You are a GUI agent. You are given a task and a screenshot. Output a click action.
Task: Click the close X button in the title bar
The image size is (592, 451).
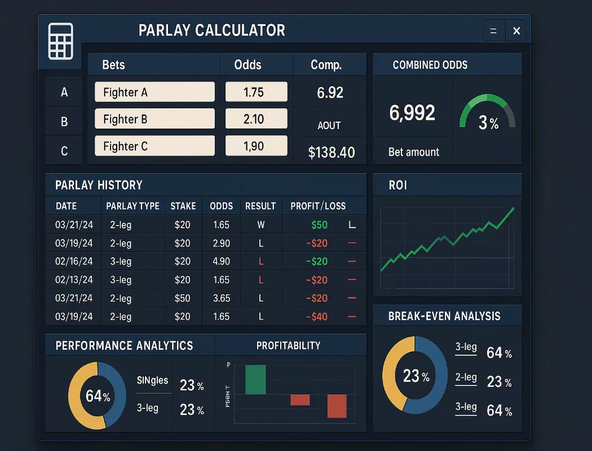coord(516,32)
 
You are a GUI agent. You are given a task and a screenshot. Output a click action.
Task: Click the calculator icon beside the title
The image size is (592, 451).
coord(60,41)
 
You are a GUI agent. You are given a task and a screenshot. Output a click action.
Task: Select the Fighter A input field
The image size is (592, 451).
coord(154,92)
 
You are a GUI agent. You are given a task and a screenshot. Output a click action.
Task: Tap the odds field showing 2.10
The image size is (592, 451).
coord(256,119)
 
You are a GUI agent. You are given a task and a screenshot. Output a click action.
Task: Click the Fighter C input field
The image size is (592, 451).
coord(154,146)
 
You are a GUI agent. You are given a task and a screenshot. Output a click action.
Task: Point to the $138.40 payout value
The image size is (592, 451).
coord(331,152)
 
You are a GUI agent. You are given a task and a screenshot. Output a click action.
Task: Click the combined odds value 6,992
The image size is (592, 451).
coord(412,113)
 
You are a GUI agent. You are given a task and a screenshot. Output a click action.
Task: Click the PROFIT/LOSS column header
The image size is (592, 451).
coord(318,206)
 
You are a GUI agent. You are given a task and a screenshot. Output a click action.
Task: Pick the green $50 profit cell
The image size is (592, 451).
coord(319,224)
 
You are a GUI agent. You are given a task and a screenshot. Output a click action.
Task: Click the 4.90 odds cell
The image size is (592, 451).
coord(221,262)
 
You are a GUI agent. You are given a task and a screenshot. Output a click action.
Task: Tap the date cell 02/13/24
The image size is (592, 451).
coord(74,280)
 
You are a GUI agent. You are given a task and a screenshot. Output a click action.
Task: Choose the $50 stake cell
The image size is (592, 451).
coord(182,298)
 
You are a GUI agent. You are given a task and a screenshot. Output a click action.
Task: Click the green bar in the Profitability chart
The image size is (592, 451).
coord(255,379)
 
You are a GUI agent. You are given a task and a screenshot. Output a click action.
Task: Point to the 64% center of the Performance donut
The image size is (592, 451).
coord(98,396)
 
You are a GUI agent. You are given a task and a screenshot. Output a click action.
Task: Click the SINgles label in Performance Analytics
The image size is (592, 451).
coord(152,381)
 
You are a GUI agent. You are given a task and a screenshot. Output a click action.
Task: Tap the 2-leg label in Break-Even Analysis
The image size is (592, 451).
coord(466,378)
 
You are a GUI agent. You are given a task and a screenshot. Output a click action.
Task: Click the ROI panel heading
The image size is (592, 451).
coord(398,185)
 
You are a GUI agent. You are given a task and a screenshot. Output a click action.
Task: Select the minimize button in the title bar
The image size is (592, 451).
coord(493,32)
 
